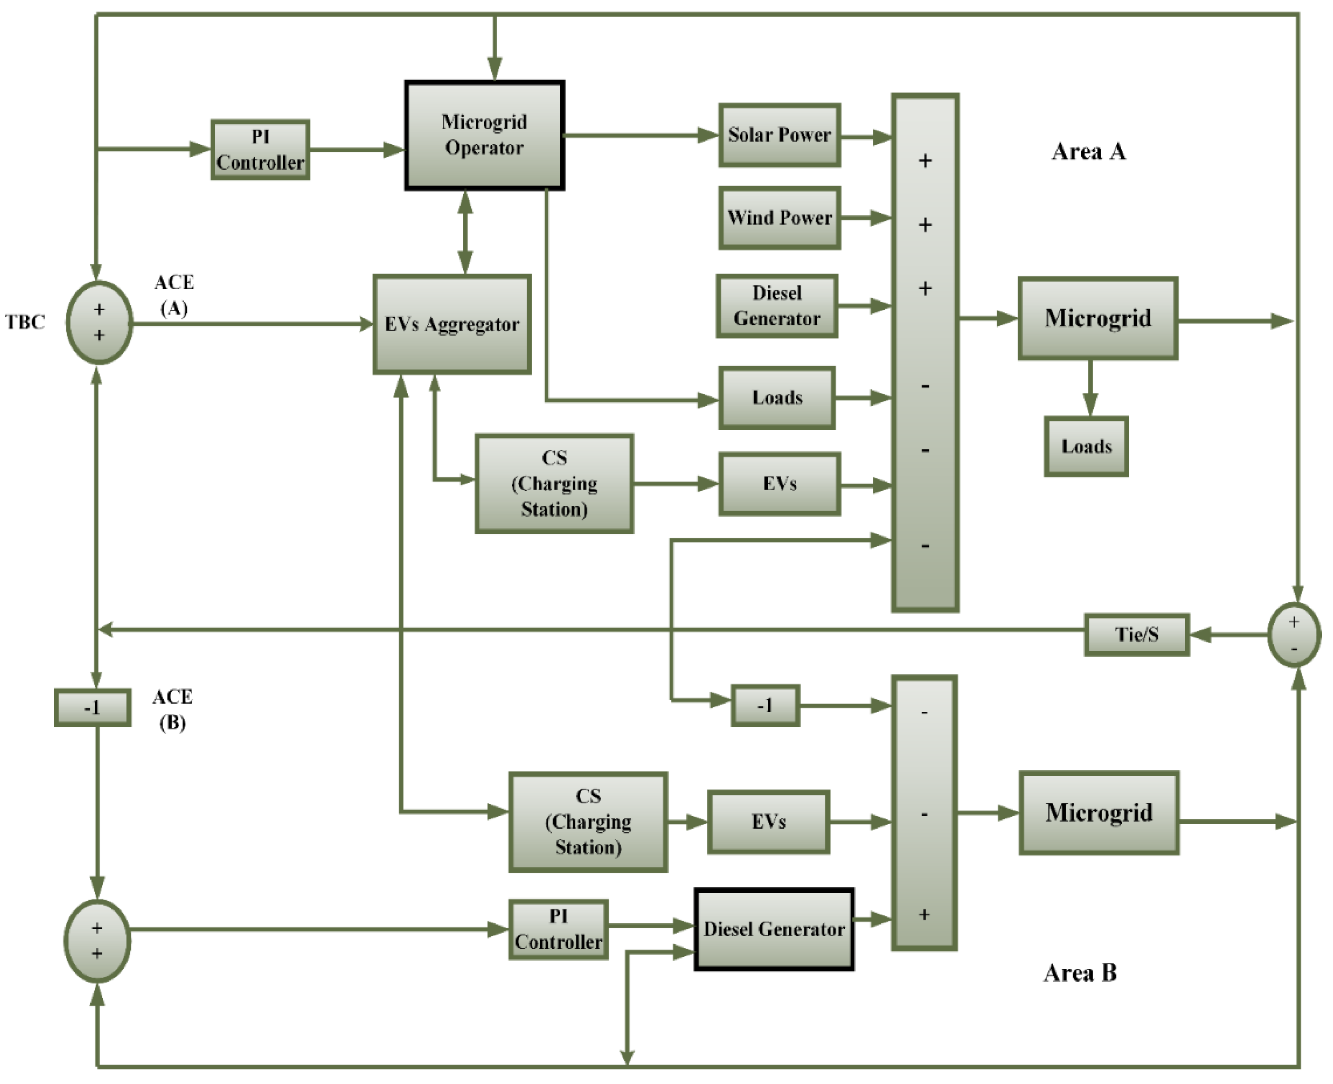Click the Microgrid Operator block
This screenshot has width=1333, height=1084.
click(484, 135)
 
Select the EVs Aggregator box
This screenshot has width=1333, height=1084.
click(452, 324)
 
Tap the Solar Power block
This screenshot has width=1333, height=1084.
click(779, 135)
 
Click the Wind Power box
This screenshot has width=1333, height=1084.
click(779, 218)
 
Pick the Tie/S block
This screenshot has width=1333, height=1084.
click(1136, 634)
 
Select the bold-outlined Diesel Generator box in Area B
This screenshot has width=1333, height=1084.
click(774, 929)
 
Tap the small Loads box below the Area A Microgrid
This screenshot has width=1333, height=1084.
click(1086, 447)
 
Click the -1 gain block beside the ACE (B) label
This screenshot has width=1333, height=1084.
click(92, 707)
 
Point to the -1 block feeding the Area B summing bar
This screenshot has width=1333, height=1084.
click(765, 706)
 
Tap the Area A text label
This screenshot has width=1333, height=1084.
click(1088, 152)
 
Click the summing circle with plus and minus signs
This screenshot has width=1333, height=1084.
click(1293, 634)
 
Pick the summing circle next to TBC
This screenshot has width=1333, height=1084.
click(99, 322)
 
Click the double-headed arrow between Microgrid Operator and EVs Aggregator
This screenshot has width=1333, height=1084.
click(465, 232)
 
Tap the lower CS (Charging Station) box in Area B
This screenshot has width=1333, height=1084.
click(588, 822)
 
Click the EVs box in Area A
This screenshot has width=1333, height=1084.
click(779, 484)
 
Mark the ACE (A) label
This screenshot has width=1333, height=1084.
click(174, 295)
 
